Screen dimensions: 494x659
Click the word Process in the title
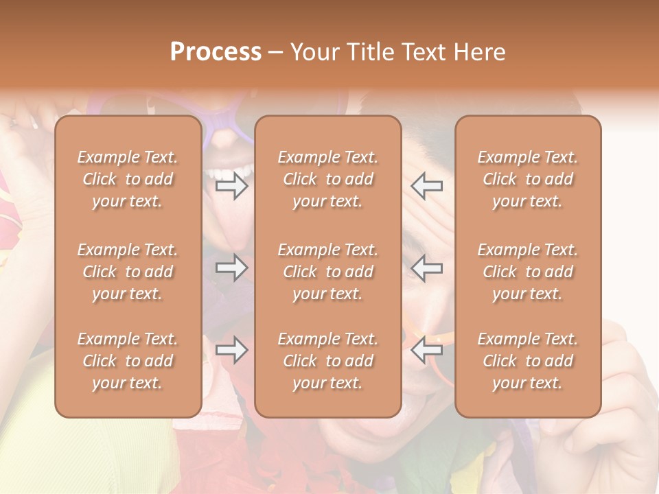(x=216, y=52)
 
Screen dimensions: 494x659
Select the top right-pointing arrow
(x=231, y=185)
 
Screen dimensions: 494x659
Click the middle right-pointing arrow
(x=231, y=267)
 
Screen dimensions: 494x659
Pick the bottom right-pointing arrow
(x=231, y=350)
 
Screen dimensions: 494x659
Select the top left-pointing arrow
(x=426, y=185)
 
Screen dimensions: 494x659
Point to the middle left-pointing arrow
(x=426, y=267)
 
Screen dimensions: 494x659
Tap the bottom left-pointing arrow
(x=426, y=350)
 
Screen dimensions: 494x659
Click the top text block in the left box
(x=128, y=179)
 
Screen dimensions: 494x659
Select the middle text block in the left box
(x=128, y=272)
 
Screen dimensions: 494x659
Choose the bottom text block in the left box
(x=128, y=361)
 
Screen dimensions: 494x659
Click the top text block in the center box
(x=328, y=179)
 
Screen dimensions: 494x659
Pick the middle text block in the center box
(x=328, y=272)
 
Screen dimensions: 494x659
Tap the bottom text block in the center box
(x=328, y=361)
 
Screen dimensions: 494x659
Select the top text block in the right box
(x=528, y=179)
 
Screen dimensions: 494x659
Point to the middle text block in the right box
(x=528, y=272)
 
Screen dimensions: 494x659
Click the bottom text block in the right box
(x=528, y=361)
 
